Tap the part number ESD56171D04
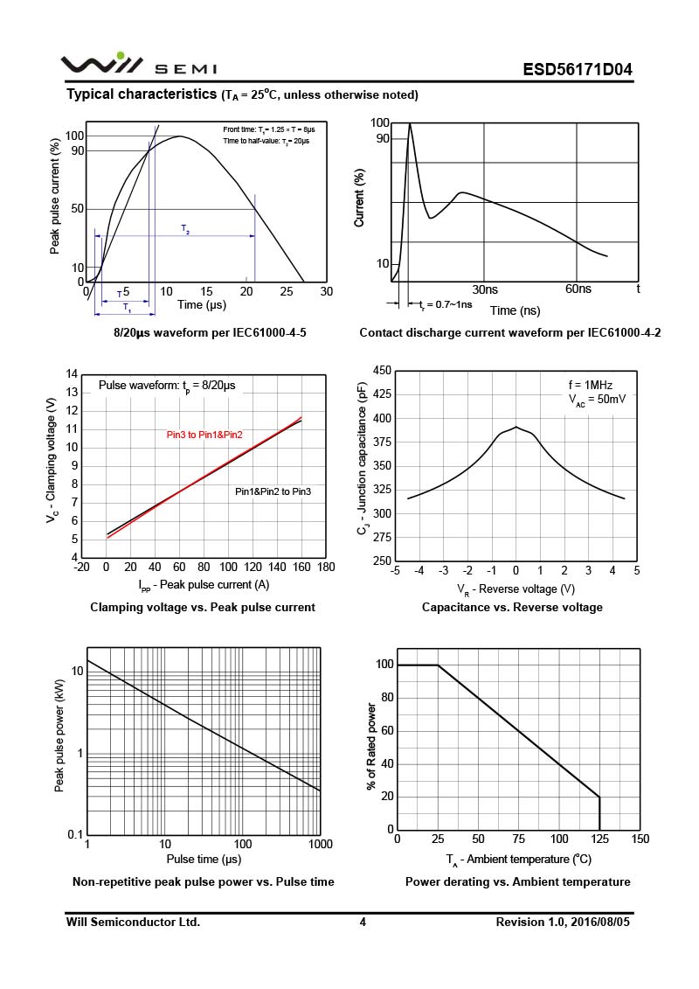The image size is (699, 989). click(578, 70)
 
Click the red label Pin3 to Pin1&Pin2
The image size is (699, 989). click(204, 435)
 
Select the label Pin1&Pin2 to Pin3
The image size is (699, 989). click(273, 492)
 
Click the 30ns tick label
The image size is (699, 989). click(485, 289)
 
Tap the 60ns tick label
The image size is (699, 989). click(578, 289)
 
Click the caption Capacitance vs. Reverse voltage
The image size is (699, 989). click(512, 607)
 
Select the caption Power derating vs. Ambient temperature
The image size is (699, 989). click(517, 881)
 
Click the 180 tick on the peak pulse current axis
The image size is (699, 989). click(326, 568)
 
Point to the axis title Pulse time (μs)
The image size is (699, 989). click(204, 859)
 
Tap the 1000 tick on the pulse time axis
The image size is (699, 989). click(319, 845)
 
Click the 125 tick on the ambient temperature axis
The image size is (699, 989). click(599, 839)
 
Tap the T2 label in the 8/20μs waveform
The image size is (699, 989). click(185, 229)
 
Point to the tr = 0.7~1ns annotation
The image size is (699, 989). click(446, 304)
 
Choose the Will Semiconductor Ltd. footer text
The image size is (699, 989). click(134, 922)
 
